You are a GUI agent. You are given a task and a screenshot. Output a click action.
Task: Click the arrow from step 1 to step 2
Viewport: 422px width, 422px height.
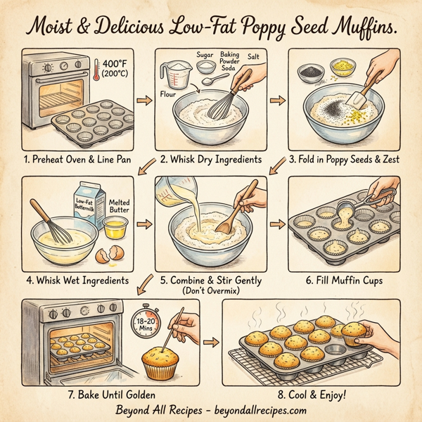click(141, 101)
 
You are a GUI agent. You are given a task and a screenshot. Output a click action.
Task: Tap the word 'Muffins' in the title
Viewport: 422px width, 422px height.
click(352, 30)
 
